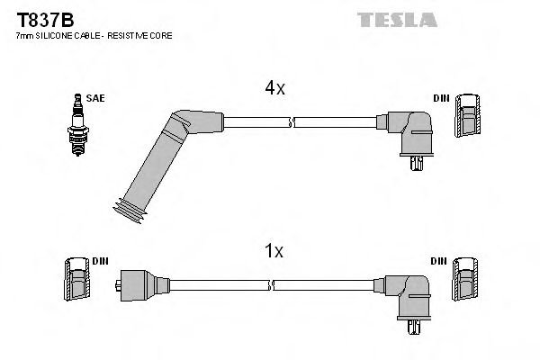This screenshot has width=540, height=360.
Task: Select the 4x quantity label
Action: (x=274, y=88)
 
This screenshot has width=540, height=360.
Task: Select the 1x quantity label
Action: (x=274, y=253)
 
